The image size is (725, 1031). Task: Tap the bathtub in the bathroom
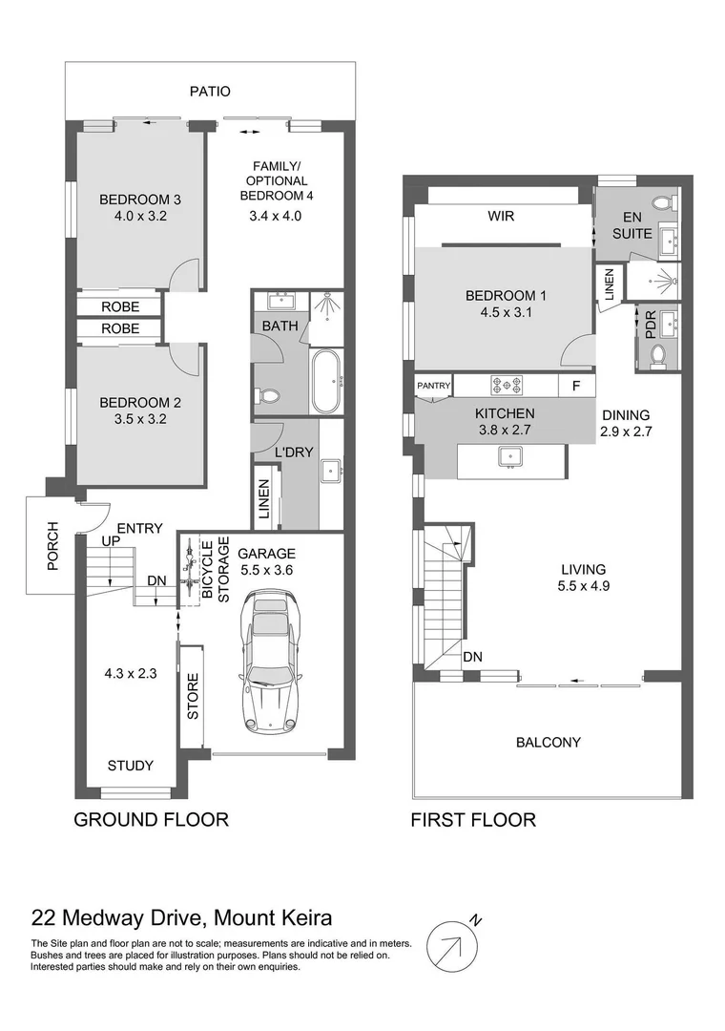coord(326,381)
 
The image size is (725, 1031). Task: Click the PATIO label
coord(210,92)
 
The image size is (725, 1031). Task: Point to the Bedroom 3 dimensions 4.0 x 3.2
coord(140,215)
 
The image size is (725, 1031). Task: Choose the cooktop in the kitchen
coord(506,384)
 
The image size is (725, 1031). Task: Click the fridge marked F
coord(576,386)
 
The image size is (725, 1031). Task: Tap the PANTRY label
coord(434,386)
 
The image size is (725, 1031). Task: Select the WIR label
coord(502,216)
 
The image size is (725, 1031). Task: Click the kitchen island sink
coord(510,455)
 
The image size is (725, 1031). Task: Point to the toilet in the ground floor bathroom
coord(269,396)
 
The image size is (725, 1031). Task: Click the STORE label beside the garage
coord(193,696)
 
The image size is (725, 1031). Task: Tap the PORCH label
coord(53,545)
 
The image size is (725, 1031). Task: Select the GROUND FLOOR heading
coord(151,819)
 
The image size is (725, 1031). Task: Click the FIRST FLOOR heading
coord(473,819)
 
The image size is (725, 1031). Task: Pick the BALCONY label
coord(549,743)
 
